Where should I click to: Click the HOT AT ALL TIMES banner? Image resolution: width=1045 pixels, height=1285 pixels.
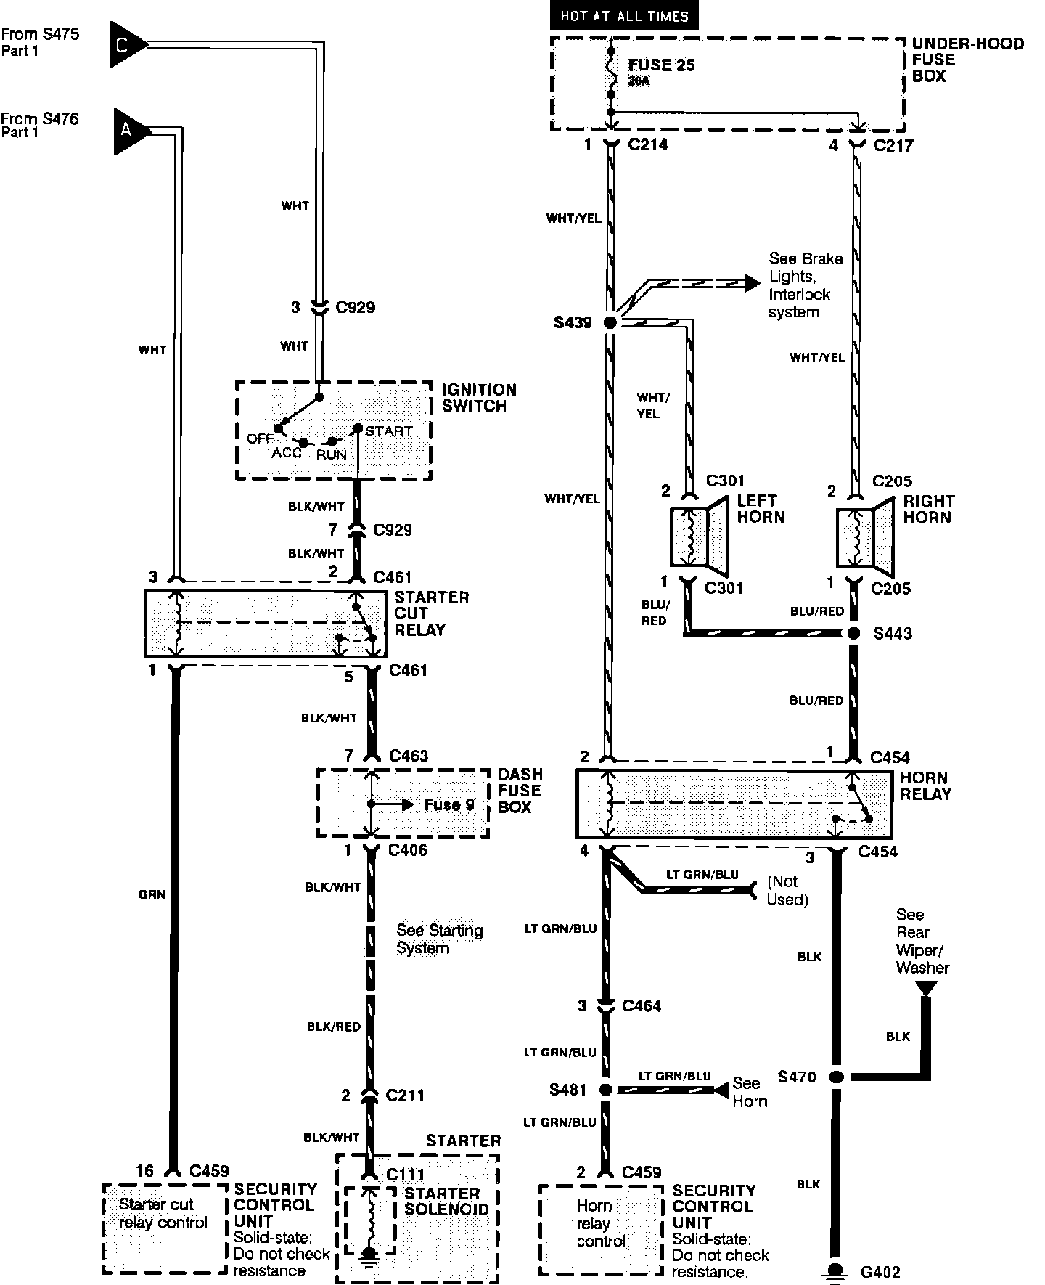tap(624, 15)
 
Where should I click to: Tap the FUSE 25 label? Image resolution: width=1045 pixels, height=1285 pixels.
tap(661, 65)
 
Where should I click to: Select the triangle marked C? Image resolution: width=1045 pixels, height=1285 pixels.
tap(126, 45)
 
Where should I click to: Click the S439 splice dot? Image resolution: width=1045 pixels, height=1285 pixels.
tap(610, 322)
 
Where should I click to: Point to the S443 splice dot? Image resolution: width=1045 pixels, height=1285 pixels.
tap(854, 633)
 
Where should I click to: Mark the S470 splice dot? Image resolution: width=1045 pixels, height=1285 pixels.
tap(836, 1077)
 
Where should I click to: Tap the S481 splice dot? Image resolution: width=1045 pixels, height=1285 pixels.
tap(604, 1090)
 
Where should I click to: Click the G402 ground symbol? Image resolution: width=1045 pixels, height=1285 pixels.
tap(836, 1270)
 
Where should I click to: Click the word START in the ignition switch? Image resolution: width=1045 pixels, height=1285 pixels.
tap(389, 431)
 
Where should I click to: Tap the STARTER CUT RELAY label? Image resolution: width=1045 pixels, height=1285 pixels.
tap(431, 613)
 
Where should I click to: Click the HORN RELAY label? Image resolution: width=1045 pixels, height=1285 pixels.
tap(925, 786)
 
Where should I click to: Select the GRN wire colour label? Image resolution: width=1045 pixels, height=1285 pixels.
tap(152, 894)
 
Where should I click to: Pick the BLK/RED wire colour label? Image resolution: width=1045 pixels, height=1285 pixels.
tap(334, 1027)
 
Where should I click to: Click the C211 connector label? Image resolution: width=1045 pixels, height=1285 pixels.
tap(405, 1095)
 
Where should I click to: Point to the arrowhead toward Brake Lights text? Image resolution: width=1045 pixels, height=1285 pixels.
tap(753, 282)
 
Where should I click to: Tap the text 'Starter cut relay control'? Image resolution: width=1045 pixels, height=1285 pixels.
tap(163, 1213)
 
